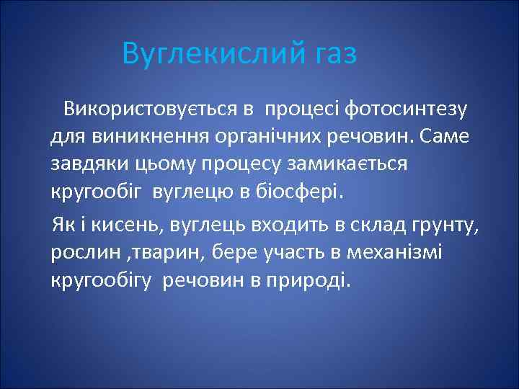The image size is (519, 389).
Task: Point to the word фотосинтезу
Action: click(x=407, y=109)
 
